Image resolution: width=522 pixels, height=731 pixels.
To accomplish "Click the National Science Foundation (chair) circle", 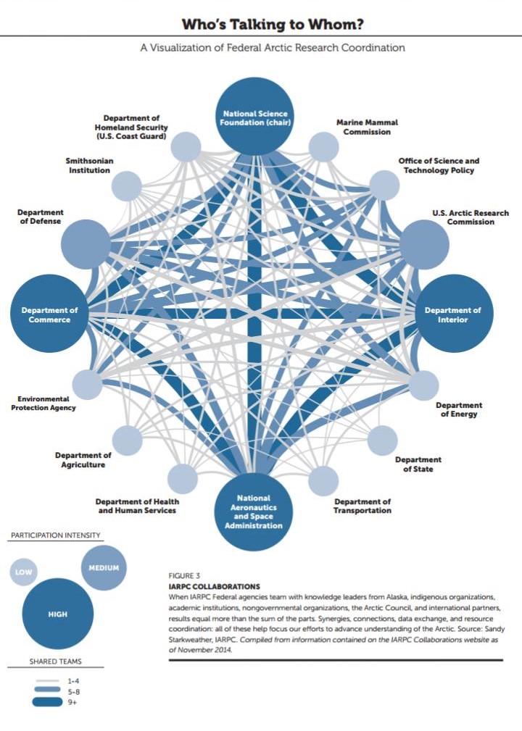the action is [x=254, y=117].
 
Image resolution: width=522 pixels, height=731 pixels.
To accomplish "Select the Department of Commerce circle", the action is [x=49, y=313].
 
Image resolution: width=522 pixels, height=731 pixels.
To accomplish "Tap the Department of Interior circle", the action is [x=453, y=313].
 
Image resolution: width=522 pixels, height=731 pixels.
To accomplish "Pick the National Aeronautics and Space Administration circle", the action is [x=254, y=512].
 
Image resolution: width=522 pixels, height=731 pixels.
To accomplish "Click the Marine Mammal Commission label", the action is [x=367, y=127].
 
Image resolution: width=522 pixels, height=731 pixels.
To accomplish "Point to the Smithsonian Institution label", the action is [x=90, y=165].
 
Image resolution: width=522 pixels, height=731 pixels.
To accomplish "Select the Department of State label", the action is [x=418, y=464].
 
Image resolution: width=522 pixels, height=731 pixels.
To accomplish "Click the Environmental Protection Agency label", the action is [x=43, y=404].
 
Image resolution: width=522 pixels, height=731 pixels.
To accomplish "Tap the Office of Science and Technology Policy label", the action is [x=439, y=165].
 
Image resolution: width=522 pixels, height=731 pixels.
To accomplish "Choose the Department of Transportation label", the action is [x=362, y=506].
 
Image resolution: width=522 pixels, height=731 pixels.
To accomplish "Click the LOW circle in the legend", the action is [x=23, y=572].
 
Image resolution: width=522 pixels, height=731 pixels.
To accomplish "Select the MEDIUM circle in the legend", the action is [x=104, y=568].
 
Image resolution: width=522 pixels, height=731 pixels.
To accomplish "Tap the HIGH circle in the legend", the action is [x=58, y=614].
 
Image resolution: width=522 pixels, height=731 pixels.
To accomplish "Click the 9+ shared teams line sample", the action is [x=46, y=701].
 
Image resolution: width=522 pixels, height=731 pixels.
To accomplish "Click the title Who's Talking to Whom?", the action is [x=272, y=24].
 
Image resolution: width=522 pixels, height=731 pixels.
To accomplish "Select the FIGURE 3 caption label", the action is [x=184, y=576].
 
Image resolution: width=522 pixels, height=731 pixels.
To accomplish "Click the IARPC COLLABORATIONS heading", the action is [x=214, y=586].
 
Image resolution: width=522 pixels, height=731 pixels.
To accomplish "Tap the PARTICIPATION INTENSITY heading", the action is [x=56, y=535].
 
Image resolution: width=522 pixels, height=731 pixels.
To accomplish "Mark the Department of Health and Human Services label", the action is [x=137, y=506].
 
